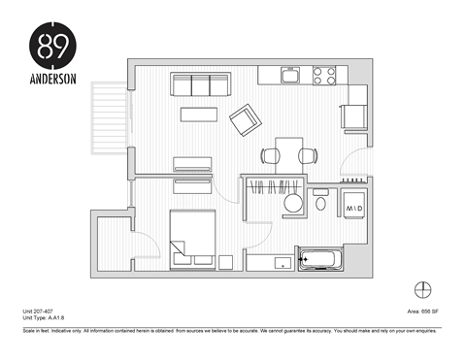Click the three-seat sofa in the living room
pyautogui.click(x=199, y=84)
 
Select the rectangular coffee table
pyautogui.click(x=199, y=114)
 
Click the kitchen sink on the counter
pyautogui.click(x=289, y=74)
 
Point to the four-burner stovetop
pyautogui.click(x=323, y=74)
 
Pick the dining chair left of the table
pyautogui.click(x=270, y=154)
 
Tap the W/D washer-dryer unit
pyautogui.click(x=352, y=209)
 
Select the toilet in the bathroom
pyautogui.click(x=320, y=205)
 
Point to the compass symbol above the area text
pyautogui.click(x=421, y=289)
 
